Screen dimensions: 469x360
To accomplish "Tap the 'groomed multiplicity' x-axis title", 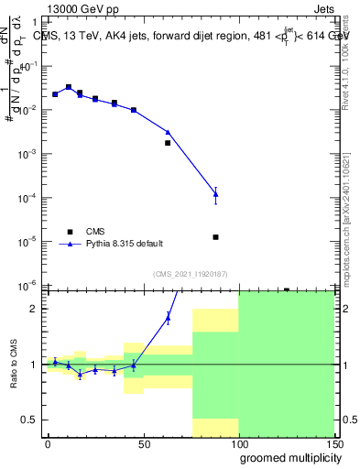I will pyautogui.click(x=287, y=456).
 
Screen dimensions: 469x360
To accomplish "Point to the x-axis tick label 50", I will pyautogui.click(x=142, y=443).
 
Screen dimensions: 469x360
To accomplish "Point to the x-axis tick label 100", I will pyautogui.click(x=238, y=443).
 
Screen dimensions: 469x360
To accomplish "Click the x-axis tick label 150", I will pyautogui.click(x=333, y=443).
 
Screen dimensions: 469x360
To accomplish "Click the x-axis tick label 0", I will pyautogui.click(x=48, y=443).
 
